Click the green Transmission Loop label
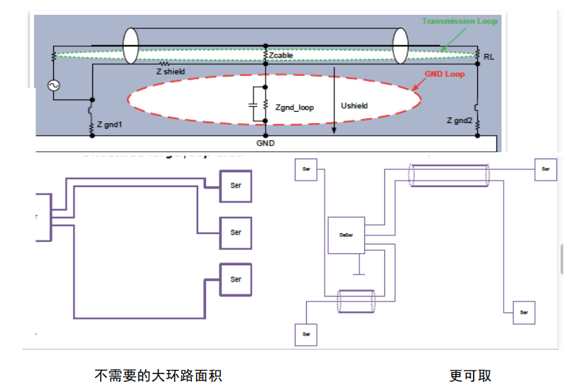460,21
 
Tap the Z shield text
170,72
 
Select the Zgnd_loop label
295,107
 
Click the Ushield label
355,106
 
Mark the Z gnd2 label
459,121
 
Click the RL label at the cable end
489,55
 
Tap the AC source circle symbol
53,85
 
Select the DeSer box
346,235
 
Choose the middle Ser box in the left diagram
236,232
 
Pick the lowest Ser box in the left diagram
236,279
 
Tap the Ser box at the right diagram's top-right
545,169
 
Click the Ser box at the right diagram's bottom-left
306,334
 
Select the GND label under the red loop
265,143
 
